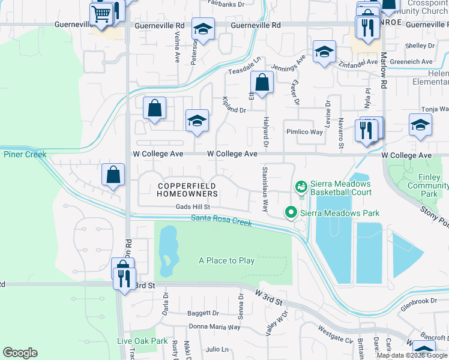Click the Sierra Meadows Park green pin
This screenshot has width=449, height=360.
coord(291,212)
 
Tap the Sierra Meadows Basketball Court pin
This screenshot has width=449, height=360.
coord(301,187)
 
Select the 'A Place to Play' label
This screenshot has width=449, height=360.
coord(227,260)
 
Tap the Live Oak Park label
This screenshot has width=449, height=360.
coord(142,341)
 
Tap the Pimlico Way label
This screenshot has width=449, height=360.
coord(304,131)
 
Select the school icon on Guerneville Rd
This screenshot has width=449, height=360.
coord(203,29)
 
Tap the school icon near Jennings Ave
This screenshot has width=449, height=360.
coord(324,52)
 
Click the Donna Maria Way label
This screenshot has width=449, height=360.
coord(214,327)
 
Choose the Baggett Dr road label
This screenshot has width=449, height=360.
coord(203,313)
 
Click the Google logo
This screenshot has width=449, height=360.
coord(20,353)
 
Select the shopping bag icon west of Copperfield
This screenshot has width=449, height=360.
coord(113,175)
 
